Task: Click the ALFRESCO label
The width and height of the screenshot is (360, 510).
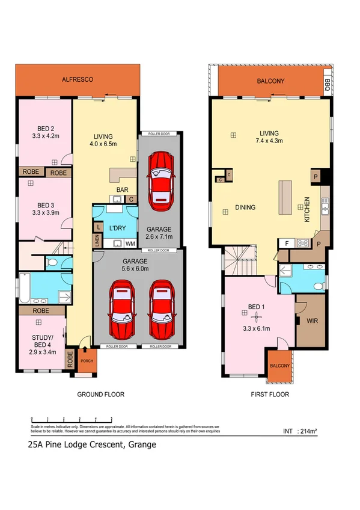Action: tap(78, 79)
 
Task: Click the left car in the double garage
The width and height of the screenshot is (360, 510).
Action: tap(121, 310)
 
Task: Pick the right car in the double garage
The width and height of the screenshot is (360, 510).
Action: tap(160, 310)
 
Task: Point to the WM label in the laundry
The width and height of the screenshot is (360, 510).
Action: tap(130, 244)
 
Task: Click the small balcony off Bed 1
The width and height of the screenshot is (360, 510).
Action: tap(279, 366)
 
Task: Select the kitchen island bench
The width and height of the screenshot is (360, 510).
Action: tap(284, 198)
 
